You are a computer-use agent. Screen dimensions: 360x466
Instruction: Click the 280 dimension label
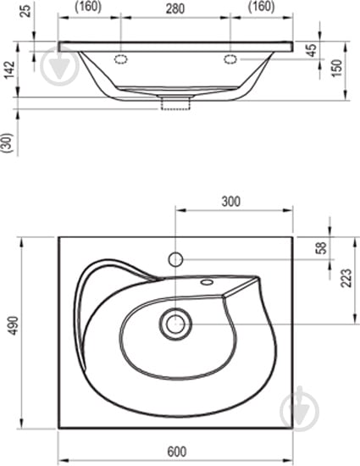[175, 8]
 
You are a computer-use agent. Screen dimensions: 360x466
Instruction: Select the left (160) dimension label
[88, 7]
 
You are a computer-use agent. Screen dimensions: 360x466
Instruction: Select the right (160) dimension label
[262, 7]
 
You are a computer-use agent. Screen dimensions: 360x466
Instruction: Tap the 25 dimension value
[26, 11]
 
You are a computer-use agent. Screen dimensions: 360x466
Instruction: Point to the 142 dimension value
[9, 69]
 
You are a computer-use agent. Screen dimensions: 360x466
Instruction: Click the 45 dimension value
[312, 50]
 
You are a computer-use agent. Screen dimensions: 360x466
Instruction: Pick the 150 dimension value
[337, 69]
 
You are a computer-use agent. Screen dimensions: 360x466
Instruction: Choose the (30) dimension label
[8, 143]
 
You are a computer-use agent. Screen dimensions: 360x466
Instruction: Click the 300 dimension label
[230, 202]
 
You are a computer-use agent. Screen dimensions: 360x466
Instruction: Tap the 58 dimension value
[321, 247]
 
